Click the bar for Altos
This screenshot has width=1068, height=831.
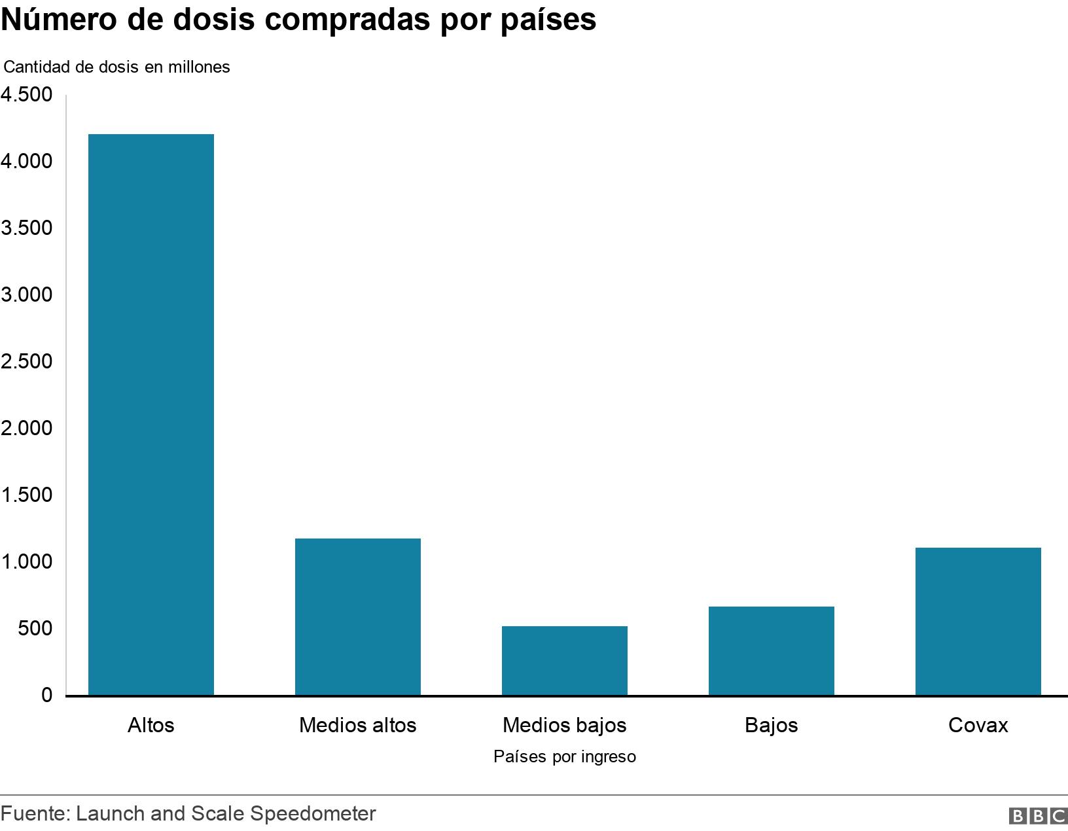pos(151,414)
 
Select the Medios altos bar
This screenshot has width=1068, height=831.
pos(358,616)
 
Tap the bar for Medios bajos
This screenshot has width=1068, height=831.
pos(565,660)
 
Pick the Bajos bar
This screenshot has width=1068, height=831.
pos(772,650)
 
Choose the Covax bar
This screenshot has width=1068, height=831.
pos(978,621)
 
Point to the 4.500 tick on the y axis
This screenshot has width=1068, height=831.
pos(27,95)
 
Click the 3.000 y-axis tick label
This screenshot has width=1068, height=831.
pos(27,295)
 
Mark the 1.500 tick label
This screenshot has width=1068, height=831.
pos(27,495)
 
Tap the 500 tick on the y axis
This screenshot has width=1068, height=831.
pos(34,629)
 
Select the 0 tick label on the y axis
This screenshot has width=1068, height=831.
pos(46,696)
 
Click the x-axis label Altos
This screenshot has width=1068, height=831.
pos(151,725)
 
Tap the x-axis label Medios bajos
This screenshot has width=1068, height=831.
pos(565,725)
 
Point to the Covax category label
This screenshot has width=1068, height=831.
pos(978,725)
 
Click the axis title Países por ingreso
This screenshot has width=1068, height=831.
pos(565,757)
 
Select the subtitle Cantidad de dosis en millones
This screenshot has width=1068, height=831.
pos(117,67)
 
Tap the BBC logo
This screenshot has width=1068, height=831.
pos(1038,816)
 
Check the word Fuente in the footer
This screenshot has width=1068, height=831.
pos(34,814)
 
